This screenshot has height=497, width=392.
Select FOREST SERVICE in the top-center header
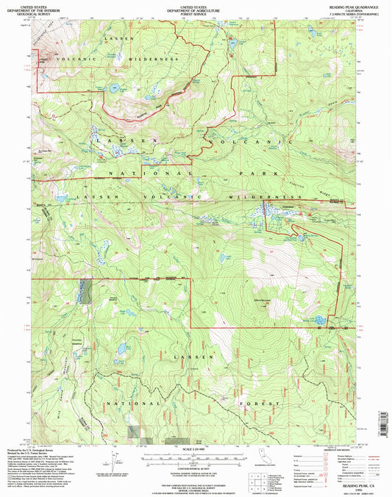pyautogui.click(x=195, y=12)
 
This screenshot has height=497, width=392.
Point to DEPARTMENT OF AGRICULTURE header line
pyautogui.click(x=195, y=7)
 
